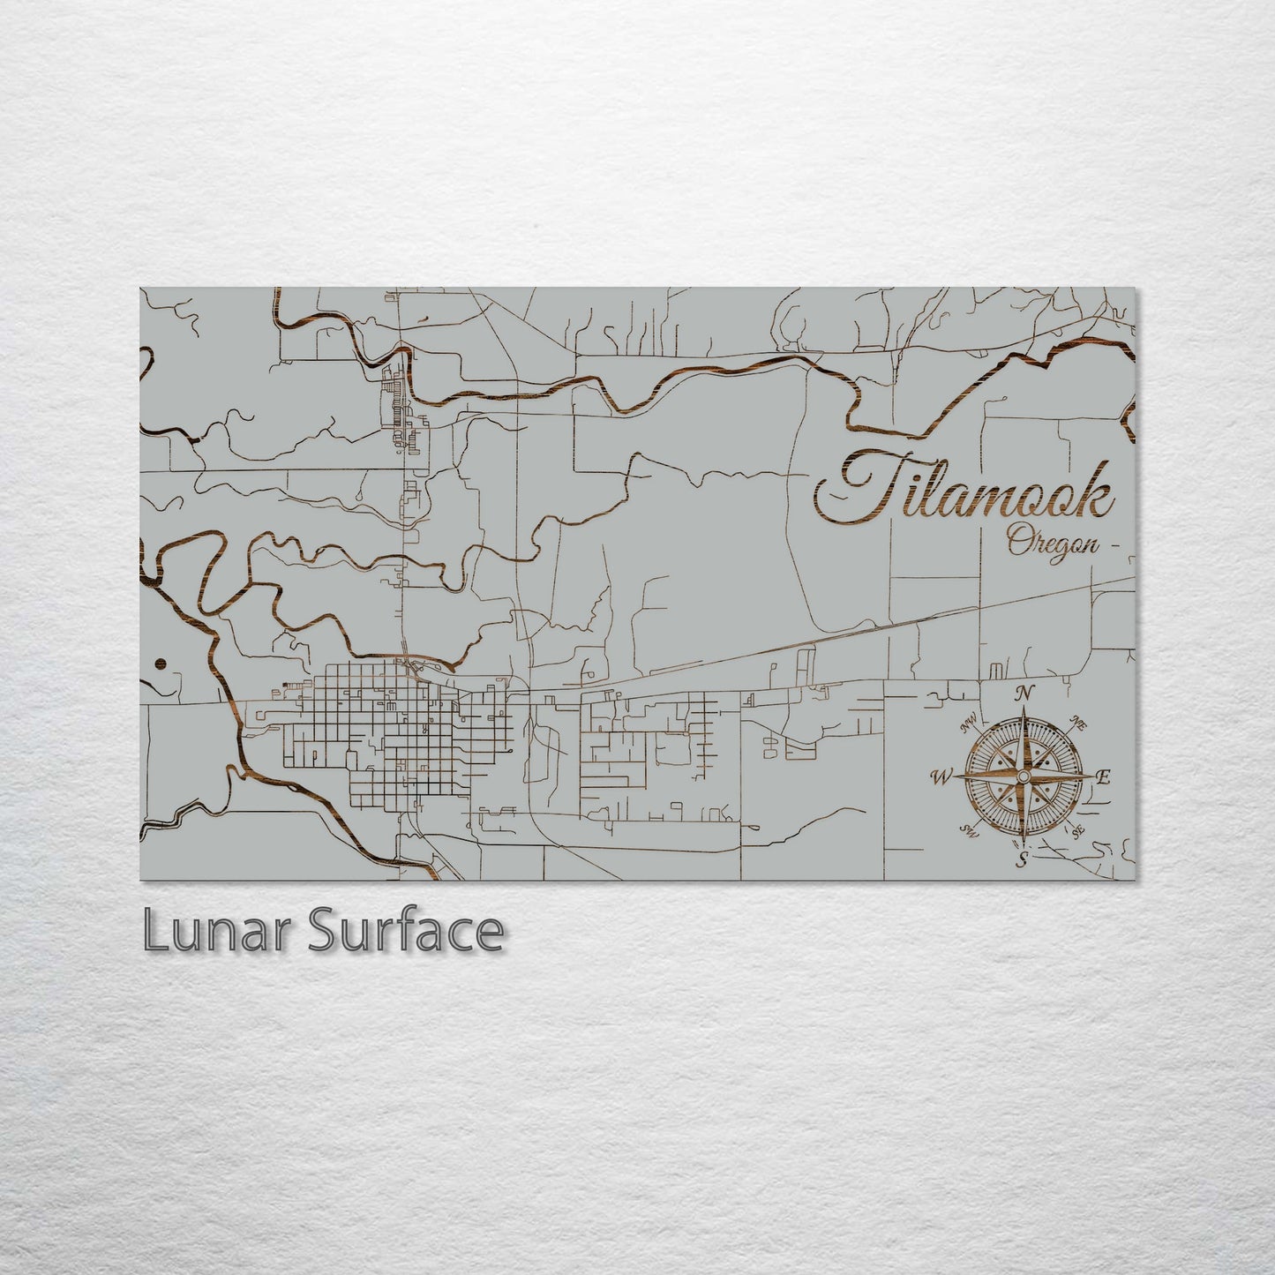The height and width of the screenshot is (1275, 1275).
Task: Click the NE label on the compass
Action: pyautogui.click(x=1076, y=724)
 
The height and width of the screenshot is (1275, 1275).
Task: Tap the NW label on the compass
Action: pyautogui.click(x=969, y=725)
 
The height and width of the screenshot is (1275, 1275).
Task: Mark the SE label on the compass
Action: pyautogui.click(x=1077, y=830)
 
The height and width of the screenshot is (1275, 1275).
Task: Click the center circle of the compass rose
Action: pyautogui.click(x=1023, y=776)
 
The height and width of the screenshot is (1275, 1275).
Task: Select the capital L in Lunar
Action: pyautogui.click(x=155, y=932)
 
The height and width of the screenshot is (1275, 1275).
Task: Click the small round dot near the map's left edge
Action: pyautogui.click(x=159, y=664)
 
